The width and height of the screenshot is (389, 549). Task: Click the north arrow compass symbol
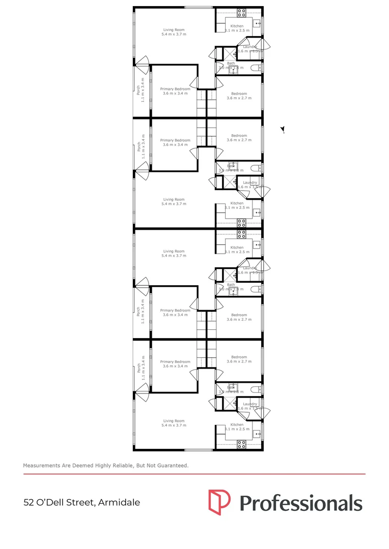point(283,130)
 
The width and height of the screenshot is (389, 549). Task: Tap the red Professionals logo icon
point(219,501)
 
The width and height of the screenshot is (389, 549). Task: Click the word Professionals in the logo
point(301,503)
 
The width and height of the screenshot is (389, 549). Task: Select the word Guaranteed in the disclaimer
point(171,465)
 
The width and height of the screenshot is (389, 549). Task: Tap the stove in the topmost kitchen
point(241,12)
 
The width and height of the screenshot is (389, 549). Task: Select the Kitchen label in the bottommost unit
point(237,425)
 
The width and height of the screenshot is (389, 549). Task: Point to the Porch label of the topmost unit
point(138,90)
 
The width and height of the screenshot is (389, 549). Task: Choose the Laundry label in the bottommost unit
point(249,404)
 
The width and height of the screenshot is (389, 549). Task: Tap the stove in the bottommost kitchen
point(241,444)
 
